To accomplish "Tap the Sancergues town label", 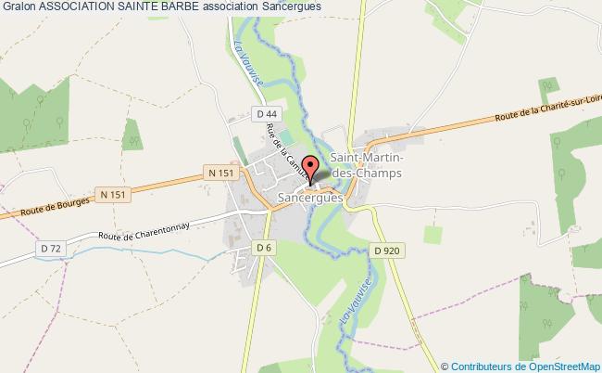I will tap(311, 198).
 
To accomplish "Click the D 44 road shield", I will tap(264, 113).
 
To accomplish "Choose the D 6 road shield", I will tap(265, 247).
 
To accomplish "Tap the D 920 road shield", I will tap(387, 251).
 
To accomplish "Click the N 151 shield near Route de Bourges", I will tap(112, 194).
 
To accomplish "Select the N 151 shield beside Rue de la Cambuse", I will tap(220, 173).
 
